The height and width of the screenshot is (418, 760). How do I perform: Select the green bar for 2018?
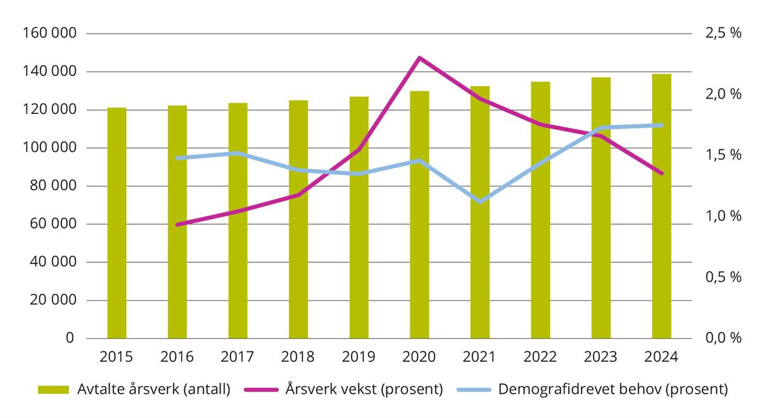[298, 219]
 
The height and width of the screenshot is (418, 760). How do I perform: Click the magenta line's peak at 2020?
[419, 58]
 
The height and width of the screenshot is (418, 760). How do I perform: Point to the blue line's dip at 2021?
[480, 201]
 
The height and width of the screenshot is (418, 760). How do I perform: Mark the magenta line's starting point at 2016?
[177, 224]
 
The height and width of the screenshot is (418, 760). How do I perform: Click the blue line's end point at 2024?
[662, 125]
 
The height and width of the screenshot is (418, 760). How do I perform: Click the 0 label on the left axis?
[70, 338]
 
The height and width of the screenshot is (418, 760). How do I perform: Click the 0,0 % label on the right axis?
[723, 338]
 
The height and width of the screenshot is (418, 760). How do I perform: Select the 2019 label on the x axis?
[359, 357]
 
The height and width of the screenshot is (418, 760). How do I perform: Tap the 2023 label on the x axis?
[601, 357]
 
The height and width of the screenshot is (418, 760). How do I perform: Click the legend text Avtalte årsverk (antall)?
[152, 389]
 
